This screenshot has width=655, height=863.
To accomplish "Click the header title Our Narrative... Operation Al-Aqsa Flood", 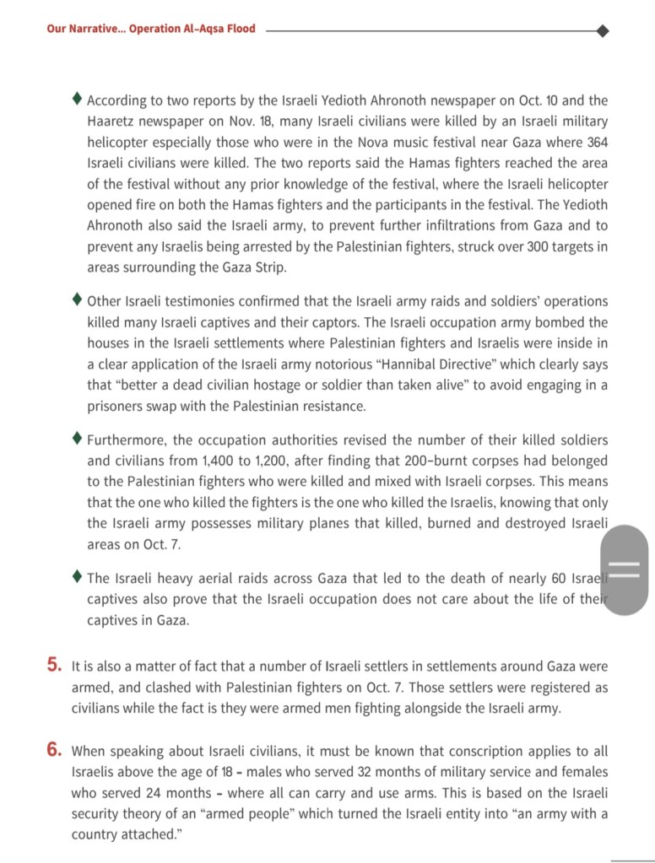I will click(x=151, y=29).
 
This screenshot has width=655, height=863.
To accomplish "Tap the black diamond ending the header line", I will click(x=603, y=30).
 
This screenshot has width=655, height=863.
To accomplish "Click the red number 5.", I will click(x=55, y=666).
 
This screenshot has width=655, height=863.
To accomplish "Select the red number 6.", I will click(x=55, y=748).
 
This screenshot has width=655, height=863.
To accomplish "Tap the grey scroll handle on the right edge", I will click(x=625, y=569).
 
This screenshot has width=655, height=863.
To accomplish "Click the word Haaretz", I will click(x=111, y=121).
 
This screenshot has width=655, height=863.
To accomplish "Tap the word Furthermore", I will click(x=128, y=440).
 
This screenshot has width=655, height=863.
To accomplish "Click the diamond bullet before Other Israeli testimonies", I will click(x=78, y=299).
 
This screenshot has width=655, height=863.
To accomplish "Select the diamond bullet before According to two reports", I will click(x=78, y=100).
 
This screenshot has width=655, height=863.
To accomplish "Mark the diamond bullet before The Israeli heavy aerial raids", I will click(x=78, y=577).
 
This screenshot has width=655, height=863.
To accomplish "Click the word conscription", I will click(x=487, y=750).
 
